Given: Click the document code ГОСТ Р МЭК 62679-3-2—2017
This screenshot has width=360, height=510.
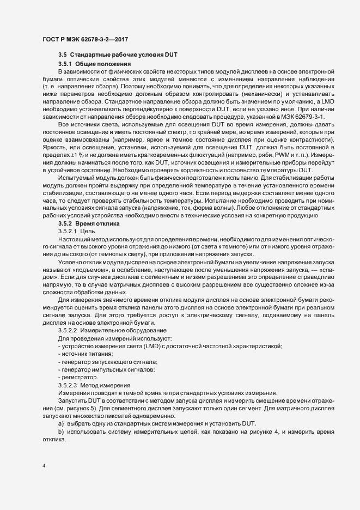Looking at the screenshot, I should tap(85, 40).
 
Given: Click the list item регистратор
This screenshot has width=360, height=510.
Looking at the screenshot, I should tap(80, 377).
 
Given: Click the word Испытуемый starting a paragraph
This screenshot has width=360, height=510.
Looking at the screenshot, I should tap(76, 178).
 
